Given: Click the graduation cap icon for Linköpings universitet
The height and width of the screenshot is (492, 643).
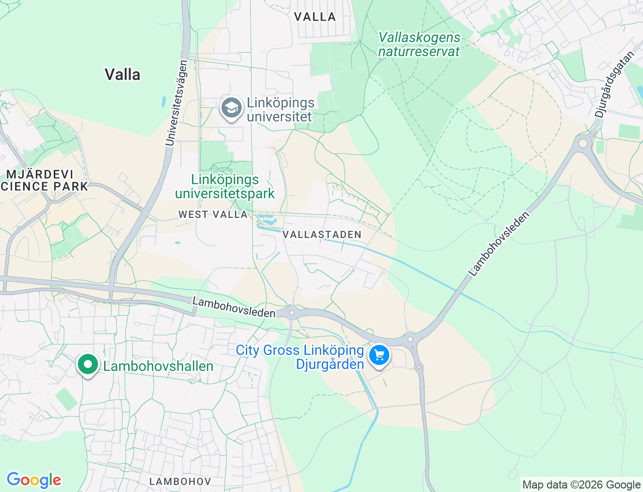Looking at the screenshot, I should pos(232,108).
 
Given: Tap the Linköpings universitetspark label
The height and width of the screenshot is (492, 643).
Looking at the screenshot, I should pos(225,186).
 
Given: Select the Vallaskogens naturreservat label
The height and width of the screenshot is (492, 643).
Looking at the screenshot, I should pos(419,45).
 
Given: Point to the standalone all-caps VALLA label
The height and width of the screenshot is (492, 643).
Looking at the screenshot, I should pos(314,17).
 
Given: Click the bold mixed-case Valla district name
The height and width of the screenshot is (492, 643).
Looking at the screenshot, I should pos(122,75).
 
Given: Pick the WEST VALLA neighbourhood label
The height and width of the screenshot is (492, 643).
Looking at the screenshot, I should pos(213,214).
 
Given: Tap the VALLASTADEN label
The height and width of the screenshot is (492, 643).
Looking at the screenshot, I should pos(321,234).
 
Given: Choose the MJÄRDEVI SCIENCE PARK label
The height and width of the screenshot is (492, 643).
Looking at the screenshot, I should pos(44,180).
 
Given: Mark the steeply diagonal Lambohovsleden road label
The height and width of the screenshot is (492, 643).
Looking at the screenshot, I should pos(499,244).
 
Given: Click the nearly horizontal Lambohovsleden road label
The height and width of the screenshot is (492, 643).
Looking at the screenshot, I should pos(234,307).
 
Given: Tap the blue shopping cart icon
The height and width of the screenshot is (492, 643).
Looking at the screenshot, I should pos(379,355).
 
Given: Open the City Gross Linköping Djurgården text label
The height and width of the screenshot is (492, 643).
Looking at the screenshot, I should pos(300,357).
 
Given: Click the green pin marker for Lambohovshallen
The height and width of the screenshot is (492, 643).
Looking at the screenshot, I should pos(88,364).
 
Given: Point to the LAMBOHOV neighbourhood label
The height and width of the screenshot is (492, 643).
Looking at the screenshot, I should pos(180,481).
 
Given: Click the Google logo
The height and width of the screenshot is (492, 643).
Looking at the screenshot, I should pos(34,480).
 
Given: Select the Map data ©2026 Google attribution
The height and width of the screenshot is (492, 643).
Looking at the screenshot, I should pos(581,484).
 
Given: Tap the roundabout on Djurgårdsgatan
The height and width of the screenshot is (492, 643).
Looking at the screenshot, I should pos(583,144).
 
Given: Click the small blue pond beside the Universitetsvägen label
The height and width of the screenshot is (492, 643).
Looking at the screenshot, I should pos(164,102).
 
